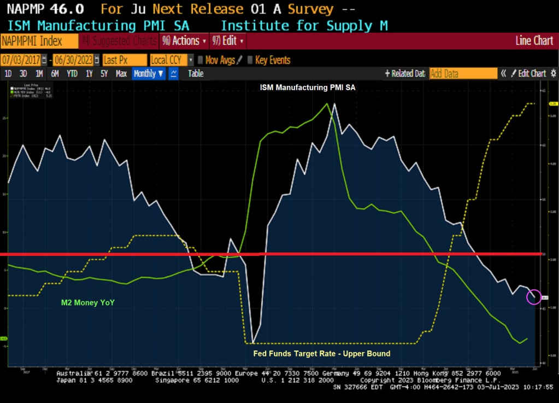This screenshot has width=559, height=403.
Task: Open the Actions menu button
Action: pos(184,41)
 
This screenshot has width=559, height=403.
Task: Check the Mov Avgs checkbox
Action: pos(201,60)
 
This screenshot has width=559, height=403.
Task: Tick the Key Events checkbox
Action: pos(250,60)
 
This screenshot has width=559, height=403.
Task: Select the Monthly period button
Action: pos(149,74)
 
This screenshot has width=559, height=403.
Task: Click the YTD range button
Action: pos(72,74)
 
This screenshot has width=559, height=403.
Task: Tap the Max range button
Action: pos(121,74)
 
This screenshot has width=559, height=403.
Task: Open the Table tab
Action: pos(196,74)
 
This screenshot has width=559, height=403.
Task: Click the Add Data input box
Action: pos(463,74)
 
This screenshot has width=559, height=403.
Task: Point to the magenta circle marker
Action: pos(534,297)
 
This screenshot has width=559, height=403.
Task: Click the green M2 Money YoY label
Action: pos(88,302)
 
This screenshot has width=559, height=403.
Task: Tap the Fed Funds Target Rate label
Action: pos(321,354)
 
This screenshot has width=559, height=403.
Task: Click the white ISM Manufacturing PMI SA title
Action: pos(308,87)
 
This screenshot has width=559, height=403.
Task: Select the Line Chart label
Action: pos(534,41)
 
